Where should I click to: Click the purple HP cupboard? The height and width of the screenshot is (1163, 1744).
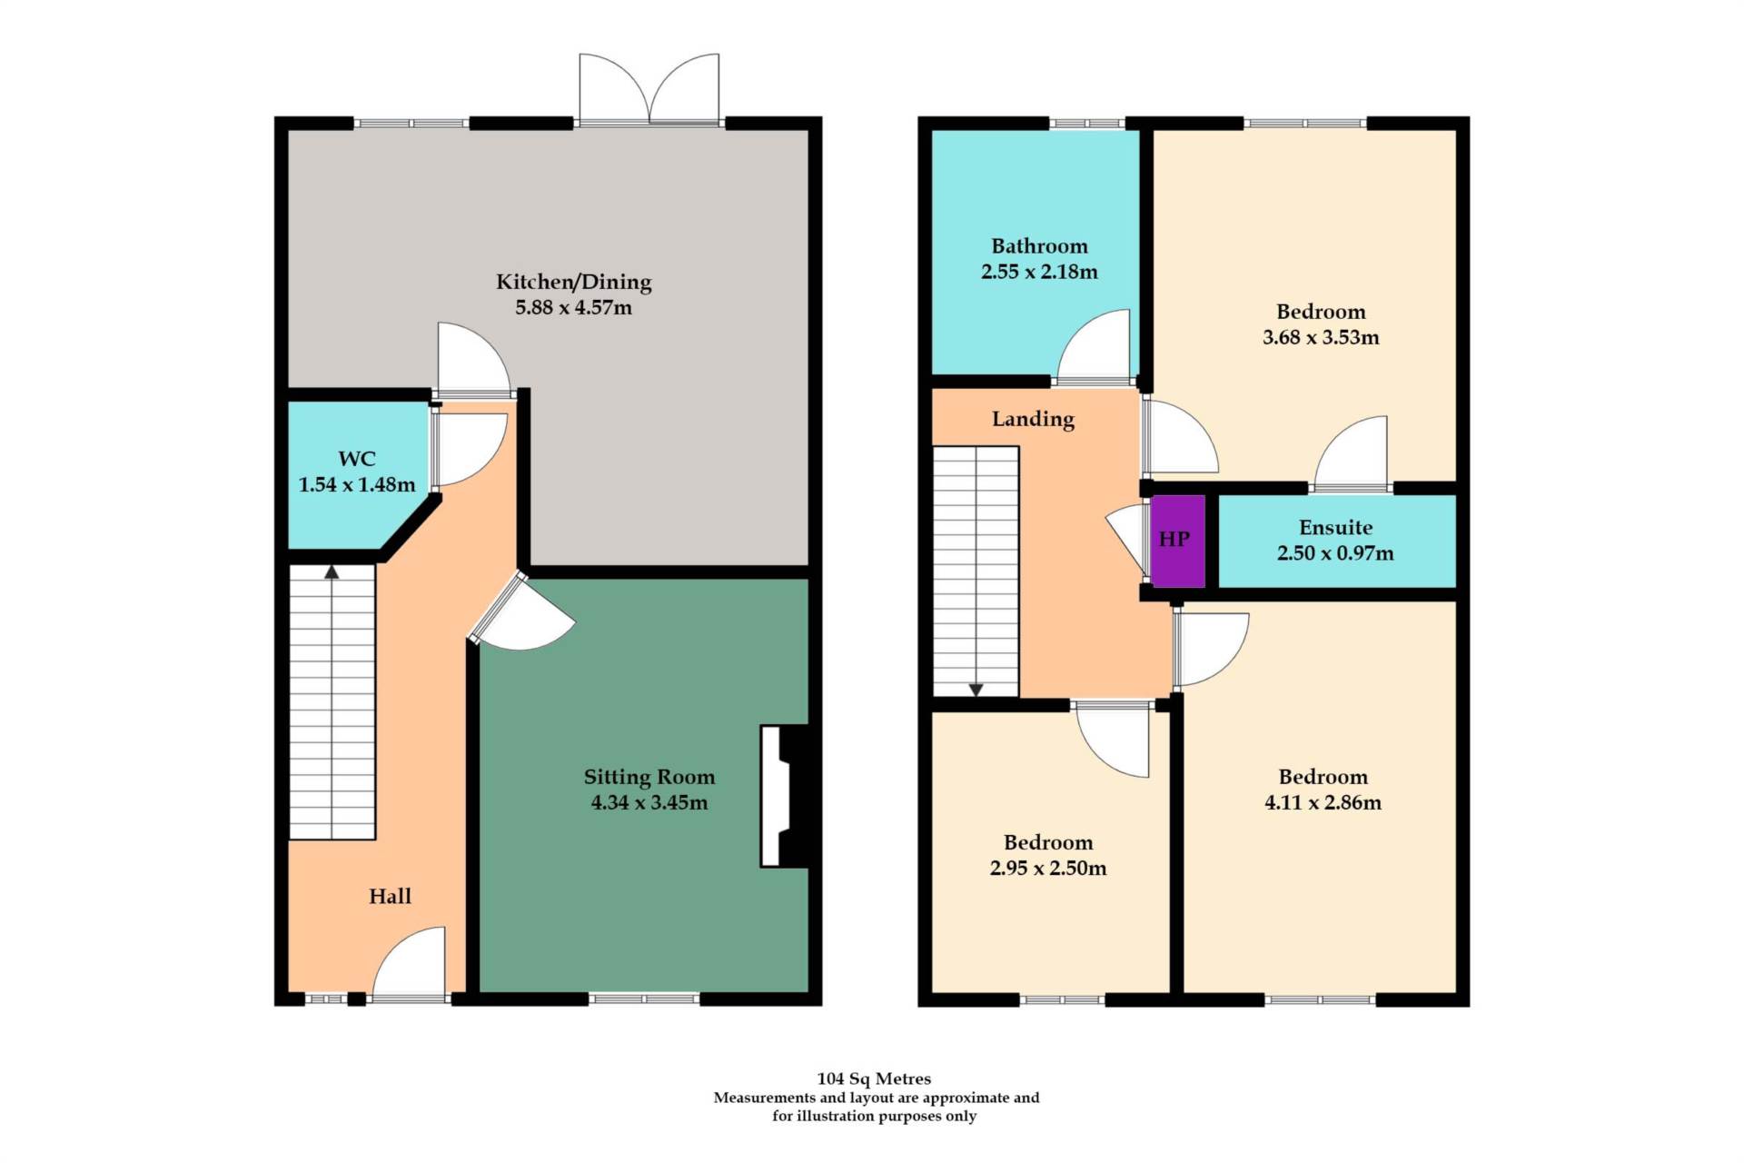[x=1177, y=540]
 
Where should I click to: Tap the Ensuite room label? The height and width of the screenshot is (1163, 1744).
[x=1335, y=528]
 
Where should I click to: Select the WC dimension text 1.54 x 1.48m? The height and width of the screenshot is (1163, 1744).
[x=357, y=485]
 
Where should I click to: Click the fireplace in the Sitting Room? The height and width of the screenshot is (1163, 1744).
[x=783, y=796]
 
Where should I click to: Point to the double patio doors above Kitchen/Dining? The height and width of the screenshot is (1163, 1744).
[x=649, y=91]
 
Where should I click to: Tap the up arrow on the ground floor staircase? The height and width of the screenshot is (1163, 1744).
[x=332, y=572]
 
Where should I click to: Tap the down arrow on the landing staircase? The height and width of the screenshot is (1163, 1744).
[x=976, y=690]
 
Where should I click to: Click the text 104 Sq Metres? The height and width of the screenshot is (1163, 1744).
[x=874, y=1079]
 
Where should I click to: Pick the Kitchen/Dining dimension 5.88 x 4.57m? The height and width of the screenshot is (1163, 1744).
[x=573, y=308]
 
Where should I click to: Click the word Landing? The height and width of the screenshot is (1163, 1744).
[x=1033, y=419]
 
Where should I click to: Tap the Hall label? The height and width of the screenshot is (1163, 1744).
[x=390, y=897]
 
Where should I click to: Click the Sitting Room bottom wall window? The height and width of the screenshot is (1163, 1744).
[x=644, y=999]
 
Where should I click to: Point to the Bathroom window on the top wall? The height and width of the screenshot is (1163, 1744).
[x=1087, y=124]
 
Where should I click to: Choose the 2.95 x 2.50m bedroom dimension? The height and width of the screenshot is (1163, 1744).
[x=1047, y=869]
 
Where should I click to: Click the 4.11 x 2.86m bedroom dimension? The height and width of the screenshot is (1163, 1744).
[x=1323, y=803]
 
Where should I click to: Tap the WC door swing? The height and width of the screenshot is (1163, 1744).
[x=468, y=448]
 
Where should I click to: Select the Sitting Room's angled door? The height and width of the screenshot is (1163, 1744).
[x=522, y=614]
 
